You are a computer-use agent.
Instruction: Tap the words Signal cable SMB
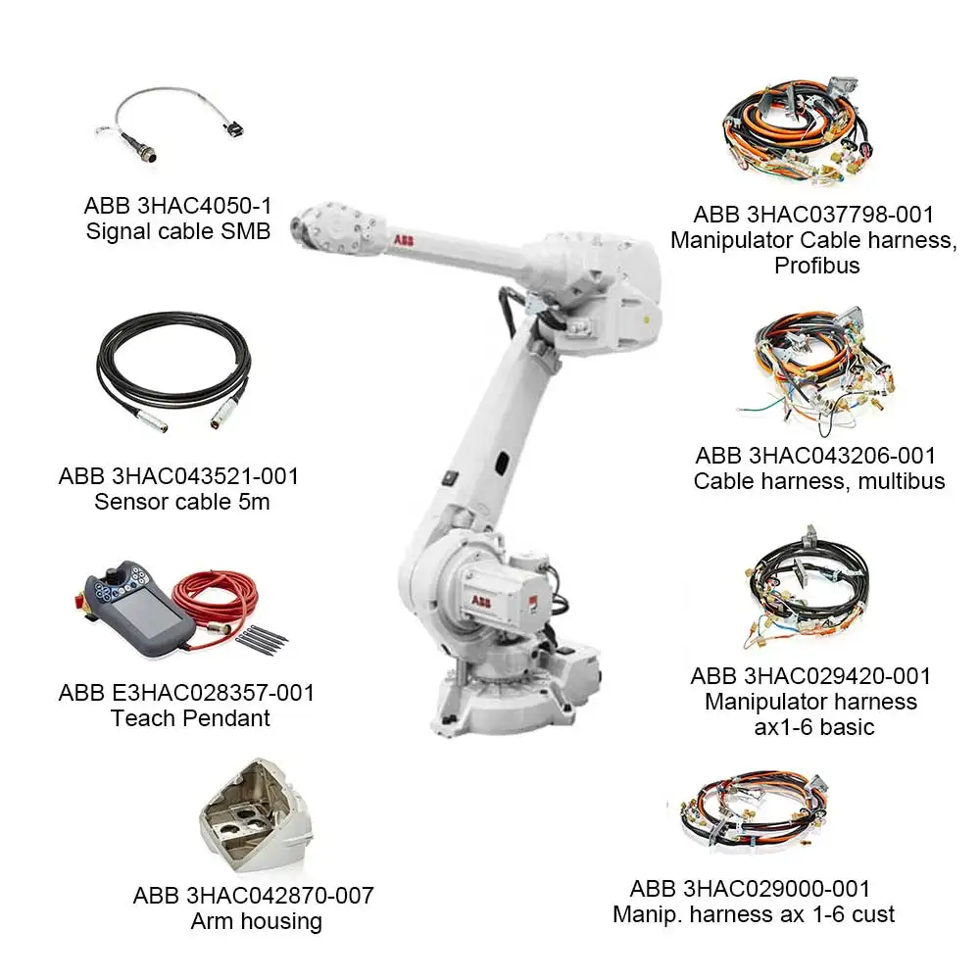[x=178, y=231]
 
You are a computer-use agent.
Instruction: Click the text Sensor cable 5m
[x=182, y=502]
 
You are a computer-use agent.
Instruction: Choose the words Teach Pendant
[x=190, y=718]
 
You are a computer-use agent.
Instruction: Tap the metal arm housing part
[x=256, y=815]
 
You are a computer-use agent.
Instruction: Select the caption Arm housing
[x=256, y=921]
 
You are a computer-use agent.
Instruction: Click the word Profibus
[x=817, y=266]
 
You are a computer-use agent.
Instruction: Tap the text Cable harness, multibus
[x=818, y=481]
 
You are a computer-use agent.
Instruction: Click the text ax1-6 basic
[x=813, y=727]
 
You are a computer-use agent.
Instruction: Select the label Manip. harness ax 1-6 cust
[x=753, y=914]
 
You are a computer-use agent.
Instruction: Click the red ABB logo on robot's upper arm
[x=404, y=241]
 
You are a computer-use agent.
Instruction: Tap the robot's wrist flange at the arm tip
[x=301, y=227]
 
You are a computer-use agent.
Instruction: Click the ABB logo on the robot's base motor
[x=480, y=602]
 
